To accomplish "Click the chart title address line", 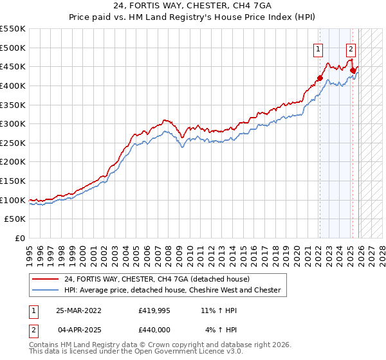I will pos(192,6).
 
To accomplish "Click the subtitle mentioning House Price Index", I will pos(192,18).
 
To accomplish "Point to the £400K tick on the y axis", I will pos(13,85).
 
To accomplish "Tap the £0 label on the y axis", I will pos(19,238).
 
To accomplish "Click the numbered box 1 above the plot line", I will pos(318,48).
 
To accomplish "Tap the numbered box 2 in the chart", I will pos(351,48).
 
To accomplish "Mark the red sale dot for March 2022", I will pos(319,78).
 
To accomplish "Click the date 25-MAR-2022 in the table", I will pos(79,309).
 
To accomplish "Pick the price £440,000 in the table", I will pos(154,330).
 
